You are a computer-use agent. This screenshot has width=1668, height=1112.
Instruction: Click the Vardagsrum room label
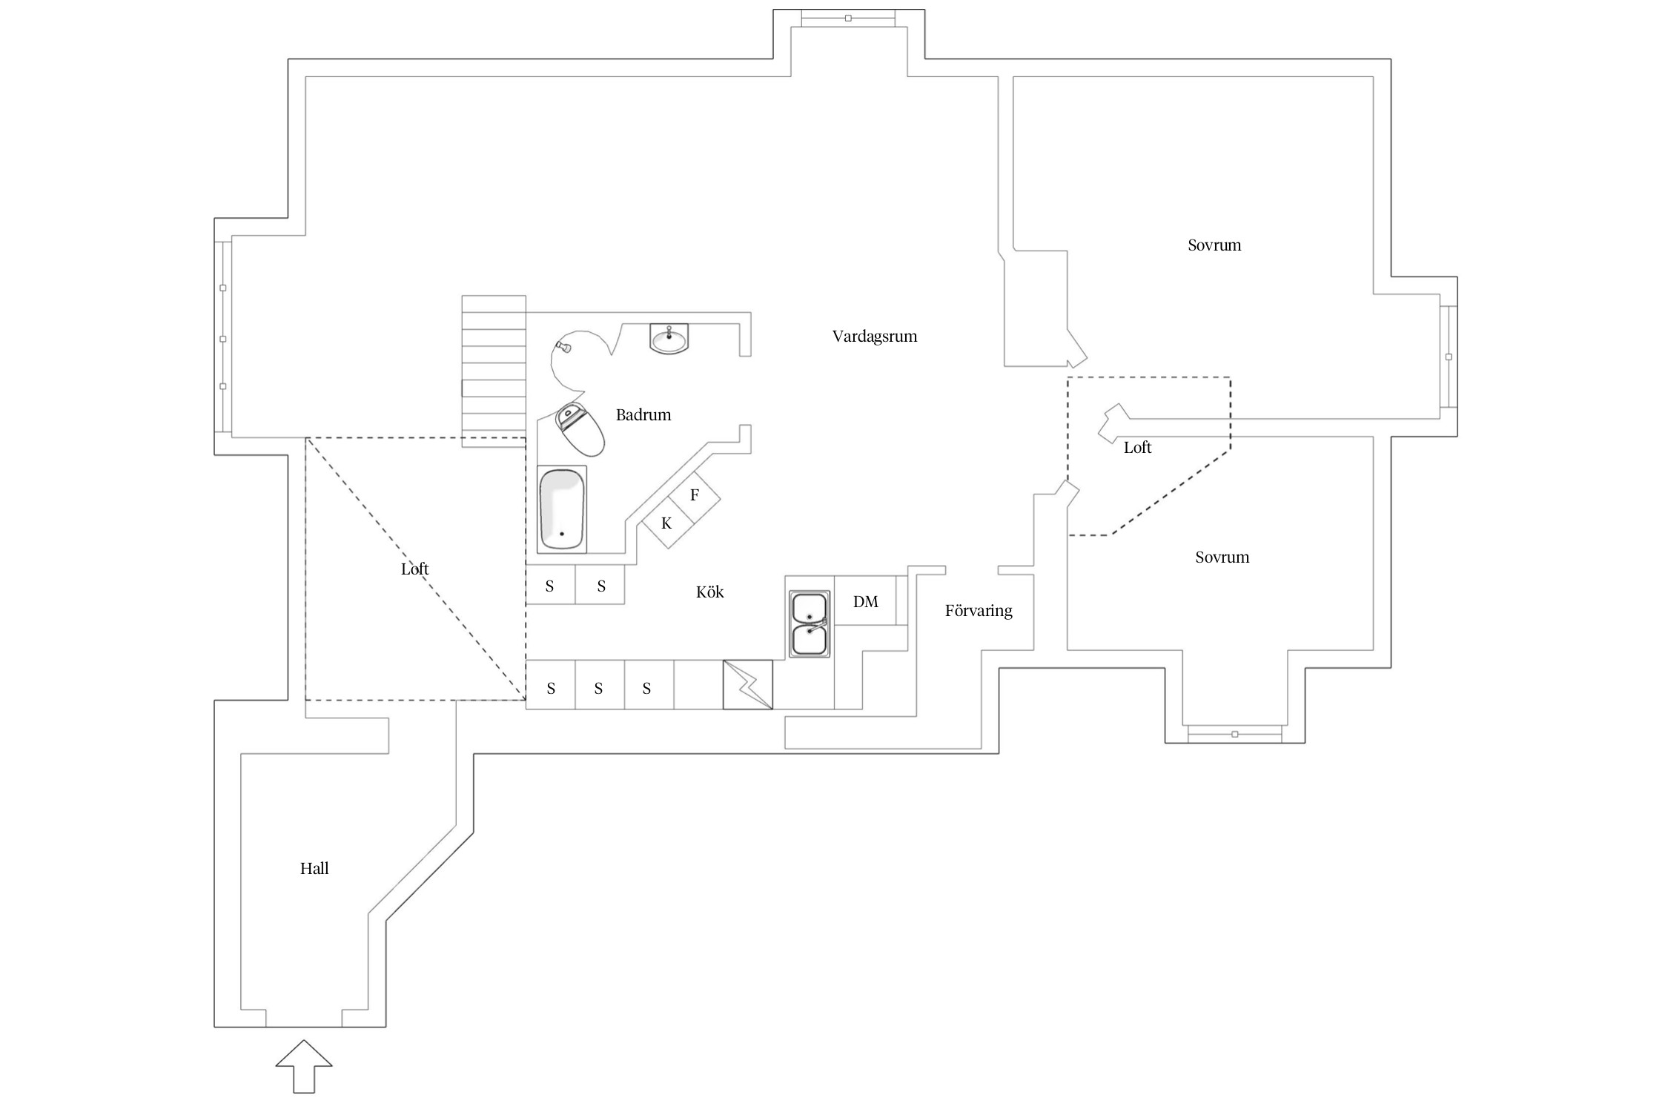click(874, 337)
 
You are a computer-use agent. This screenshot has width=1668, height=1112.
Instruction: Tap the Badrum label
click(643, 415)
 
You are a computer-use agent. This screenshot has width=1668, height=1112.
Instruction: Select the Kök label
click(709, 592)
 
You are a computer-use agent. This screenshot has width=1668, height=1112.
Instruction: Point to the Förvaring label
click(978, 611)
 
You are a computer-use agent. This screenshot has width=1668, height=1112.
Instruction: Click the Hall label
click(314, 869)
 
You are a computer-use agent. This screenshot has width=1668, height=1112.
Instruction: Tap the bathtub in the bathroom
click(562, 509)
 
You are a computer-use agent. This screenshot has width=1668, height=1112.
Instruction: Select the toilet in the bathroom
click(581, 429)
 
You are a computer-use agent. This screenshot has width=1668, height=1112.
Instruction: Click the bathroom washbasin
click(669, 340)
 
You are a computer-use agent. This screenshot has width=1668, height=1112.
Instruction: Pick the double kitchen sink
click(809, 623)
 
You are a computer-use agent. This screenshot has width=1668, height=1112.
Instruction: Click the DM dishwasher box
click(865, 601)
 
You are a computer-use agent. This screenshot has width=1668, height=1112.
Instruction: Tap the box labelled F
click(695, 495)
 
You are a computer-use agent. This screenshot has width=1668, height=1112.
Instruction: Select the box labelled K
click(666, 523)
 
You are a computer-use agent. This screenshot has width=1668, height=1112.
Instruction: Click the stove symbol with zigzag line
click(747, 685)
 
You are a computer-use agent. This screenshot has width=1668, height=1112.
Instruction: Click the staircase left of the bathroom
click(494, 371)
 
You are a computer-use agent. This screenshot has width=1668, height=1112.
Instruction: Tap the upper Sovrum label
click(1214, 245)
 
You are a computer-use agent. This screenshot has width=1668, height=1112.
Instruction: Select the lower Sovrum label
click(1222, 557)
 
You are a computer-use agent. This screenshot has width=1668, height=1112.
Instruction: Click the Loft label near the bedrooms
click(1137, 448)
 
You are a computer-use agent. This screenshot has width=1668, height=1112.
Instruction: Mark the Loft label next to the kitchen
click(414, 569)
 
